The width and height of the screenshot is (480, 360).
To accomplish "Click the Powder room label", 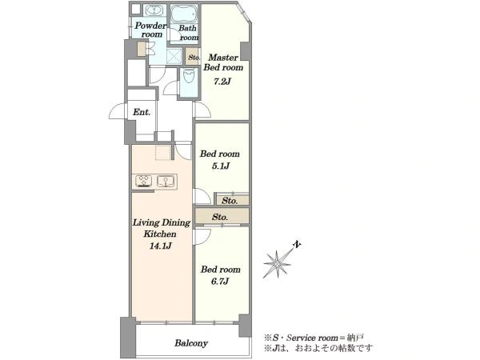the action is coord(150,30).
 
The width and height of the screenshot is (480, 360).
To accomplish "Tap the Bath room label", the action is coord(189,33).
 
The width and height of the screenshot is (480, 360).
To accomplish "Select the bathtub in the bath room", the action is coord(185,13).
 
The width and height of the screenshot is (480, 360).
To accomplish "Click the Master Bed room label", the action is coord(223,62).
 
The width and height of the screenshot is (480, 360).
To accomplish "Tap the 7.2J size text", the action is coord(222,82).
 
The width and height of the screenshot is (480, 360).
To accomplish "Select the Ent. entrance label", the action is coord(142,112).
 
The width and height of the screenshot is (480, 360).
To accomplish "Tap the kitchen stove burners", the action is coord(143,181).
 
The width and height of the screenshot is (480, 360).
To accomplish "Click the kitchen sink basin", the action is coord(166,181).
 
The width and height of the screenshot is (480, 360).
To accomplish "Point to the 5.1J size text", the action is coord(221,166).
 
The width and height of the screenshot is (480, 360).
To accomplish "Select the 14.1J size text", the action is coord(160,246).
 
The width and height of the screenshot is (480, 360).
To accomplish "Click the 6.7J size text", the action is coord(220,281).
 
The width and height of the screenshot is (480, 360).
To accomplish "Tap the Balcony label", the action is coord(191,343).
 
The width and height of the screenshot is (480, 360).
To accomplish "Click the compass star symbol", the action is coord(277,264).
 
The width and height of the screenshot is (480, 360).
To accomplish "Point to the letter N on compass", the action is coord(297,244).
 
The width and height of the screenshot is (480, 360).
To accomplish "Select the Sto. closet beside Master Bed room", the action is coord(194,57).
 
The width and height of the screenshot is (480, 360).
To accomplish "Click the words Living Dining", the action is coord(162,222).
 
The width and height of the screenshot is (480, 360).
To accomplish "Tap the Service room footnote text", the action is coord(314,338).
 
